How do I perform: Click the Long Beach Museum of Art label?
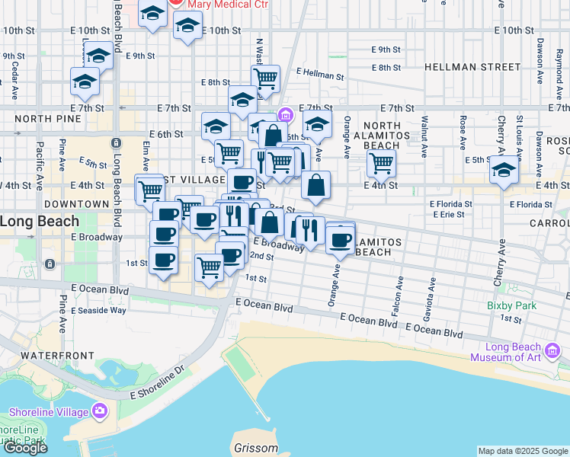point(515,352)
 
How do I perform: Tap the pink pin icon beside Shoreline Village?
point(100,412)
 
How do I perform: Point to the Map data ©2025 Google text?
point(523,451)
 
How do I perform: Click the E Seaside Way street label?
point(98,310)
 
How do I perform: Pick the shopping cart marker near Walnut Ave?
point(380,161)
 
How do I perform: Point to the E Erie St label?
point(447,215)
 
